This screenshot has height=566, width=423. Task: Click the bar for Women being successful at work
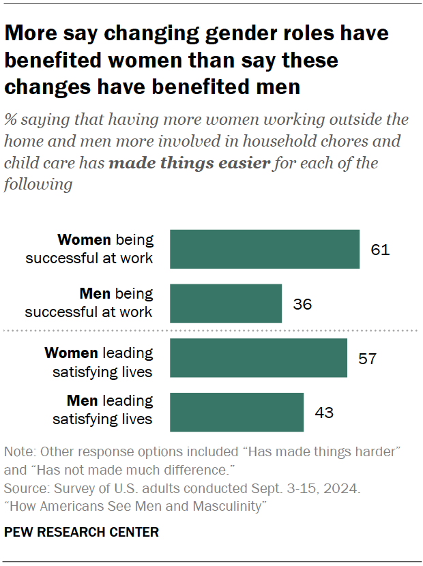(264, 249)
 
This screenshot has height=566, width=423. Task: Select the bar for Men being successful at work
(225, 303)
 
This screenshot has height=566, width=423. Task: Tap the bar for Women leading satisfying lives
(258, 358)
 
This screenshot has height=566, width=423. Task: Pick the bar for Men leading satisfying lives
(236, 412)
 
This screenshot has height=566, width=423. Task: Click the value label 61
(380, 250)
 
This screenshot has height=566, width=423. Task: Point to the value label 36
(302, 304)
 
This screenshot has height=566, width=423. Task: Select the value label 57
(368, 359)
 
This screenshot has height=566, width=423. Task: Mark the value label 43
(324, 413)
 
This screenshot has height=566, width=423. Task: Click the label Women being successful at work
(105, 249)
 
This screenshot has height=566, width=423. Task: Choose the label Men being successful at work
(89, 303)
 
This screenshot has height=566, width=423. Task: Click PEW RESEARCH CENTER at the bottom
(81, 532)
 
